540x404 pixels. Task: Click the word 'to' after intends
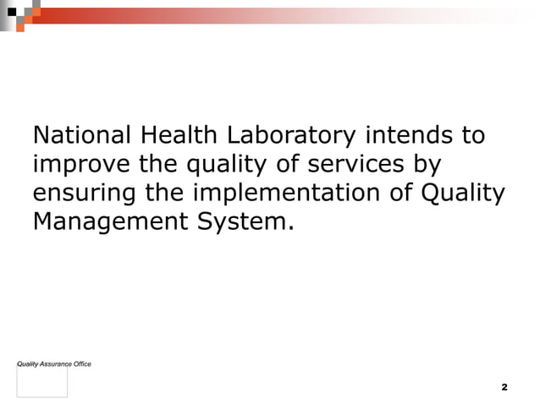coord(473,135)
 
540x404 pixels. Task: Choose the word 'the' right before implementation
coord(167,193)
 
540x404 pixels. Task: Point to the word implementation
coord(290,194)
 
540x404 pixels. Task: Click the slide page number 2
coord(504,387)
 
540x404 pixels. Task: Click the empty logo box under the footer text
coord(42,382)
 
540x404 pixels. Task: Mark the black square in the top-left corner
coord(11,12)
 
